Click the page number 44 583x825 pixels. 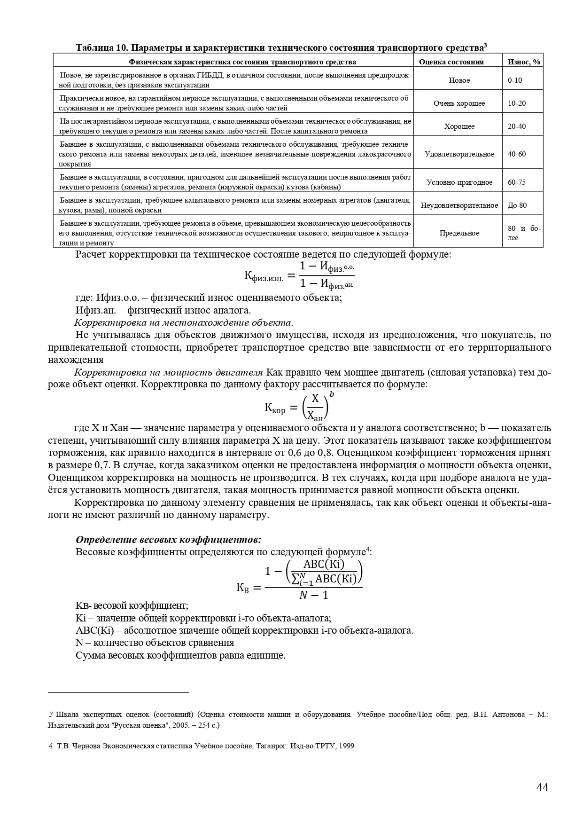542,787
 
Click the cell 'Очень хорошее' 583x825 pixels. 459,103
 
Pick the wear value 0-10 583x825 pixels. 515,80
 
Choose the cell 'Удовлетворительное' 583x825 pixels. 459,154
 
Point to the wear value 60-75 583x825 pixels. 517,182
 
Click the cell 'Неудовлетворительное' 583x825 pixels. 459,205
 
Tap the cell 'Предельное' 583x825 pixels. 459,233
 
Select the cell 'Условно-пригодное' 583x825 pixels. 459,182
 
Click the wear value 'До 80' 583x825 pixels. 517,205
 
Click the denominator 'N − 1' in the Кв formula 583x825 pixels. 313,595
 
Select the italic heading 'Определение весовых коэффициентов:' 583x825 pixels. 168,539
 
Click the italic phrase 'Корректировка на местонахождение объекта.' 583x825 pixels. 184,322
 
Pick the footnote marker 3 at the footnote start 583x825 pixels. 51,715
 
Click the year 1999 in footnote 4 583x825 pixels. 347,746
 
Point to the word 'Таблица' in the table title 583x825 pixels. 94,48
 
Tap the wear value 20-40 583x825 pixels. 517,126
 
